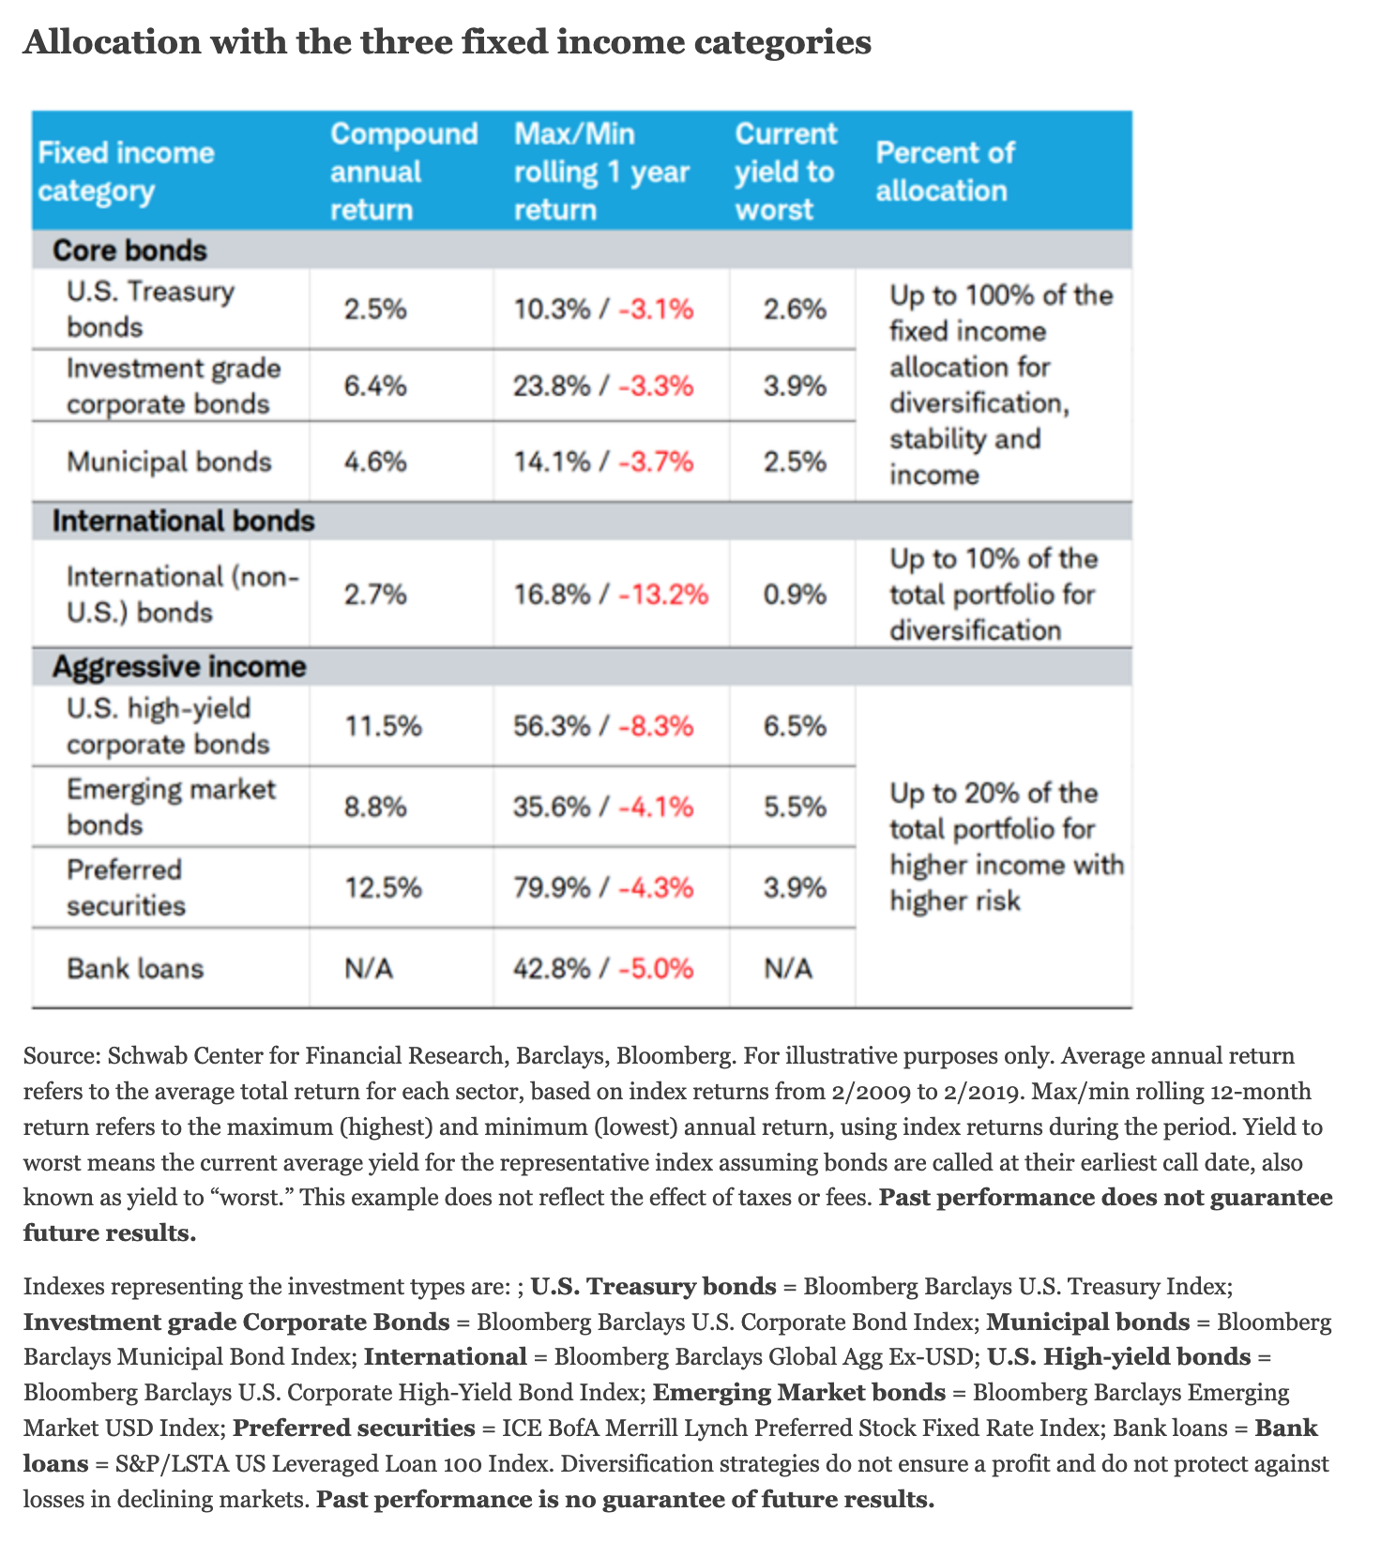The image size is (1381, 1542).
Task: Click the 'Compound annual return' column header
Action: (x=403, y=172)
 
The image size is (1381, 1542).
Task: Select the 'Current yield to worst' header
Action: (x=785, y=172)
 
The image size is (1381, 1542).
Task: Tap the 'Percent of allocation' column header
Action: (x=944, y=172)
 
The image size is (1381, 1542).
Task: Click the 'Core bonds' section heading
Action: (x=129, y=250)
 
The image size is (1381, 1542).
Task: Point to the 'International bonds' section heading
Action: (x=183, y=521)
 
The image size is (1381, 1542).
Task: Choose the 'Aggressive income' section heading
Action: (x=179, y=667)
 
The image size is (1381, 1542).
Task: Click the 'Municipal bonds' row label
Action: (x=169, y=461)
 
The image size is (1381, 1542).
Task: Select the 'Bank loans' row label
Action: (x=135, y=968)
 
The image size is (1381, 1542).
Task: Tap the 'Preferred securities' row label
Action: (x=126, y=887)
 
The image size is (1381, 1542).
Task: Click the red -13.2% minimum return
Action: (x=663, y=595)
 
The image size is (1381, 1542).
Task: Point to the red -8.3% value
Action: (x=656, y=726)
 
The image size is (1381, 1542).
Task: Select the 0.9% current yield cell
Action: (x=795, y=595)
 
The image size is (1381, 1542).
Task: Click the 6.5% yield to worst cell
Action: (x=795, y=726)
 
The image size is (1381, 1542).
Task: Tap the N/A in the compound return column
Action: (x=369, y=968)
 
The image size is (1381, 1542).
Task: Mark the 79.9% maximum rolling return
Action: (x=552, y=887)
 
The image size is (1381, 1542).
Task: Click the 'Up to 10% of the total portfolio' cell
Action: (x=993, y=595)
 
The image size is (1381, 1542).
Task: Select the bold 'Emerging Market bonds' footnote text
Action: (x=798, y=1393)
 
